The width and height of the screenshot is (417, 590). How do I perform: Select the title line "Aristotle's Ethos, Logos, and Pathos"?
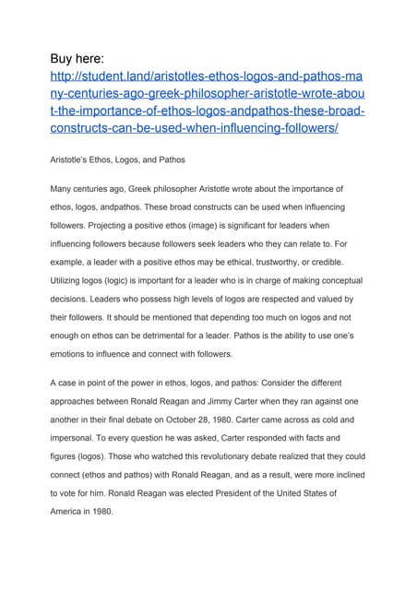(117, 159)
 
